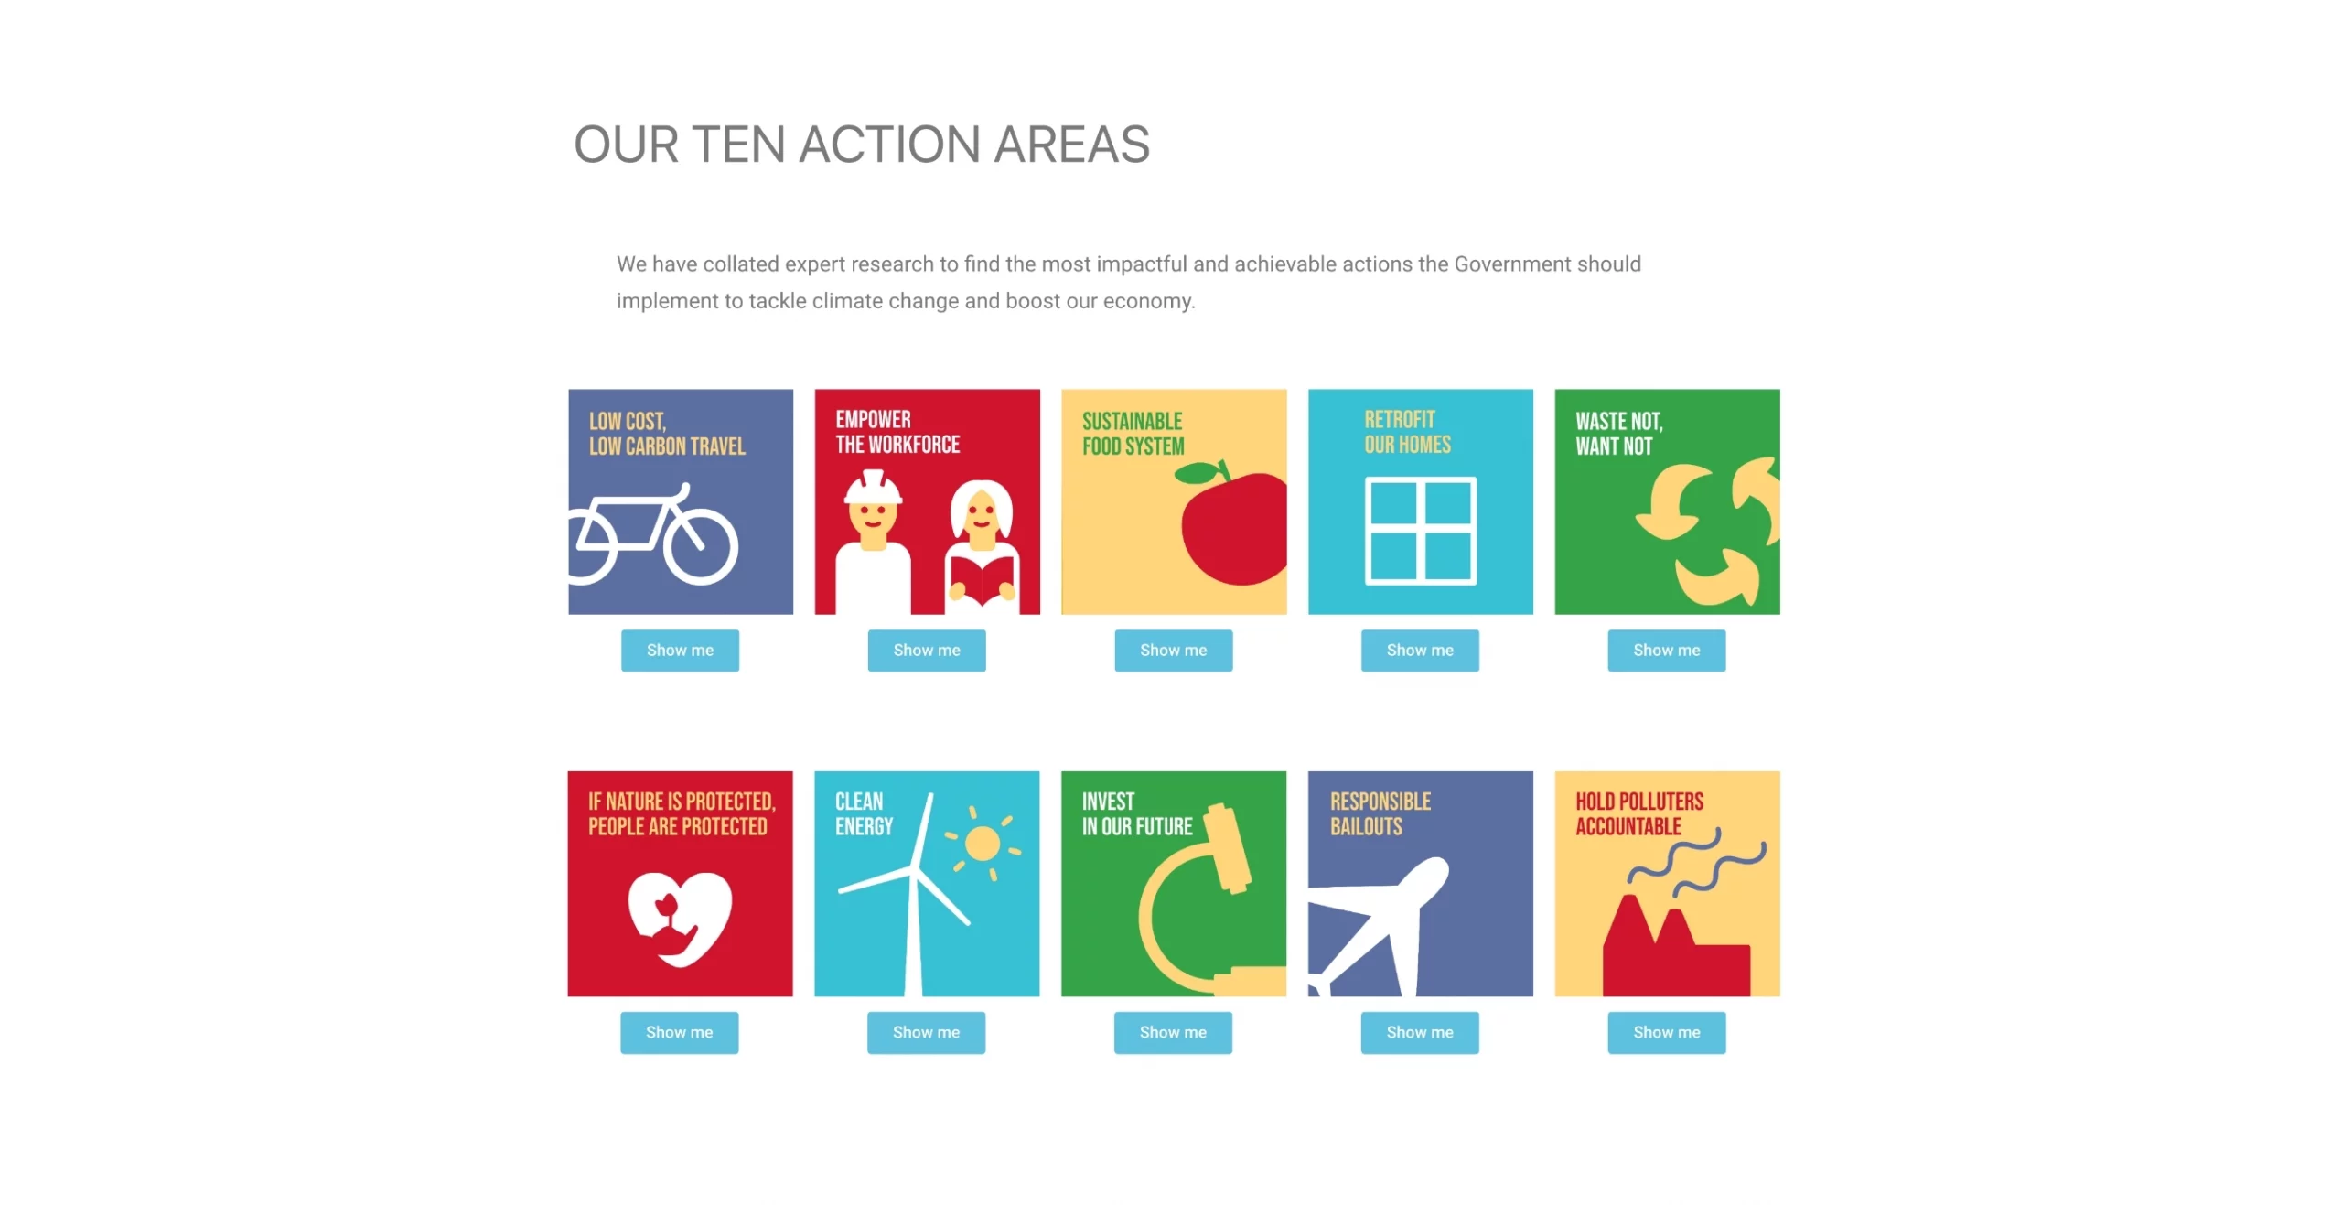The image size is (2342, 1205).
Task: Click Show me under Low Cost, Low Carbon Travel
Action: (x=680, y=650)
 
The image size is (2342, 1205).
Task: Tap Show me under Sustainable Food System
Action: (x=1173, y=650)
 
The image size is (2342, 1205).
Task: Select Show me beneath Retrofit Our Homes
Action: (x=1420, y=650)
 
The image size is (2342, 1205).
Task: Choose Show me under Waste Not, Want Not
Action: (x=1667, y=650)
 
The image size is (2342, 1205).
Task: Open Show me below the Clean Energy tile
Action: (x=926, y=1032)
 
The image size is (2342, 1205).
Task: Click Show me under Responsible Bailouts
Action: (x=1420, y=1032)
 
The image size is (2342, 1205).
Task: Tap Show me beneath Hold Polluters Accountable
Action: (x=1667, y=1032)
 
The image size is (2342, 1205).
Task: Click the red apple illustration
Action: (x=1235, y=529)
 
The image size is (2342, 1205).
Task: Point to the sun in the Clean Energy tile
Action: (x=983, y=844)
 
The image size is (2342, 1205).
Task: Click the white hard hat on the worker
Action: (x=873, y=487)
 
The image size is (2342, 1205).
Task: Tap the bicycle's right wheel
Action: (x=700, y=546)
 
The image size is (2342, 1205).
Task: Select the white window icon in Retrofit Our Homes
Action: (x=1421, y=531)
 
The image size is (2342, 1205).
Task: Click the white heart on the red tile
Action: (x=680, y=918)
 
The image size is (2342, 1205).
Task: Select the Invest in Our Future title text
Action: (x=1137, y=814)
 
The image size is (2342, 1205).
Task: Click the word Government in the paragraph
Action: (x=1512, y=264)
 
